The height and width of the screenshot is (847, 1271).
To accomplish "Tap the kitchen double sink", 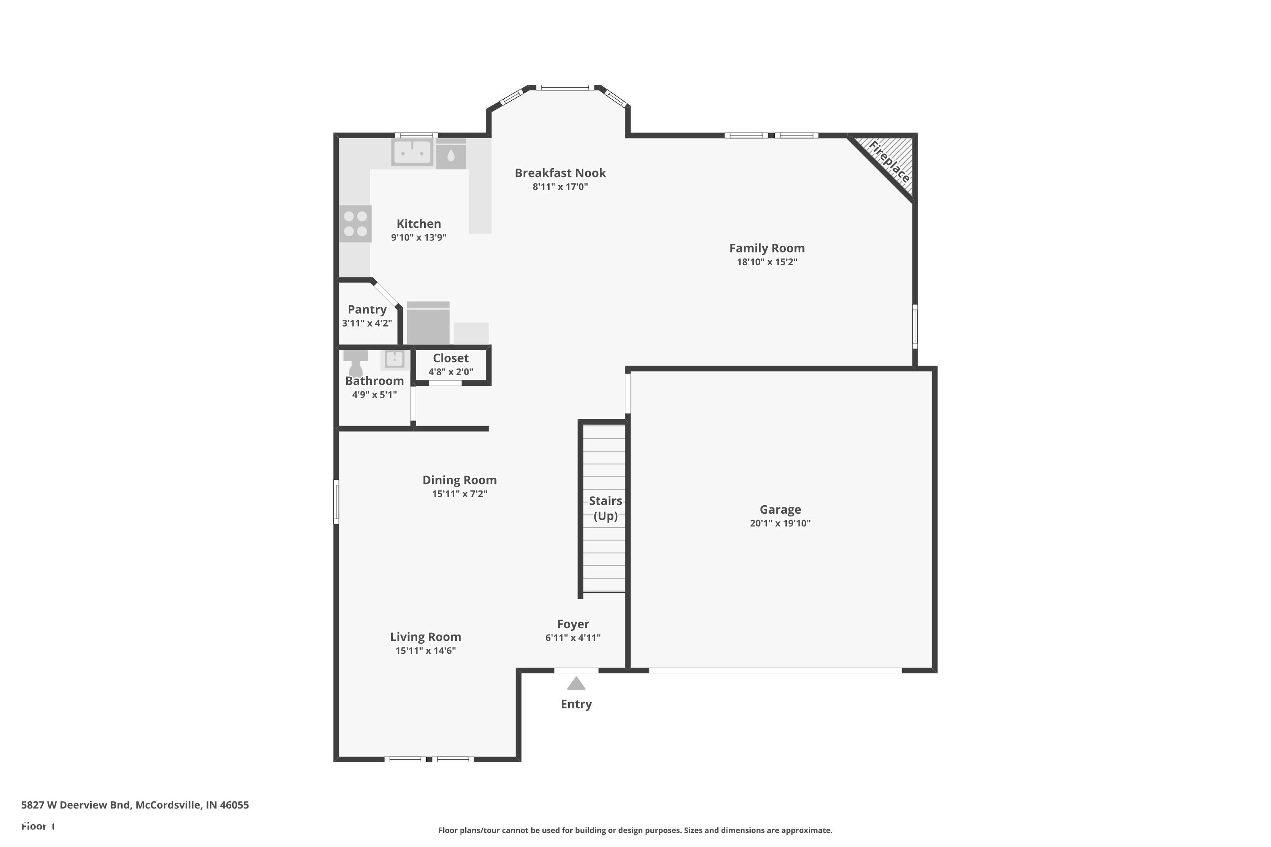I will tap(412, 152).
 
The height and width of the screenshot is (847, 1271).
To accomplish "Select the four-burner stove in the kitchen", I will tap(355, 224).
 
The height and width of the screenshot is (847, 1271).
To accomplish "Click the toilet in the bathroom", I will tap(355, 363).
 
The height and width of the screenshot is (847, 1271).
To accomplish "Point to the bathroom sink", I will tap(394, 359).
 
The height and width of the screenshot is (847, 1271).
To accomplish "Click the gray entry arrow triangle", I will tap(576, 684).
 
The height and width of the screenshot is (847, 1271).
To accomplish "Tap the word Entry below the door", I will tap(576, 704).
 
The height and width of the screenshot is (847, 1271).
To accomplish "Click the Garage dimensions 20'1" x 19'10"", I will tap(780, 523).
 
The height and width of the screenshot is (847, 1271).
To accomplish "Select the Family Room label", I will tap(767, 249).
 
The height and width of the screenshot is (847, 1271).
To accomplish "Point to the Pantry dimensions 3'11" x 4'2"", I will tap(367, 324).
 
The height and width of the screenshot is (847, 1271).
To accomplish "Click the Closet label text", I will tap(451, 358).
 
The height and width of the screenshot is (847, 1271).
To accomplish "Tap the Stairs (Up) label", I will tap(605, 508).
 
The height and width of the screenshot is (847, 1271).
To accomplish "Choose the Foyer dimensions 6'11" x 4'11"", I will tap(573, 638).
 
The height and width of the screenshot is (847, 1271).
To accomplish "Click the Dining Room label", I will tap(459, 480).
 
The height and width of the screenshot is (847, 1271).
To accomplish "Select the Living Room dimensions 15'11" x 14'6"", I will tap(425, 651).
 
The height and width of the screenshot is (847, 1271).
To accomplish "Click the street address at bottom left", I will tap(135, 805).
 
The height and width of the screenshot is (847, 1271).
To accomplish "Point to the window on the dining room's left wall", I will tap(336, 502).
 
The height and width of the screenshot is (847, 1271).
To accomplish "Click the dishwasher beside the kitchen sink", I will tap(451, 155).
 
